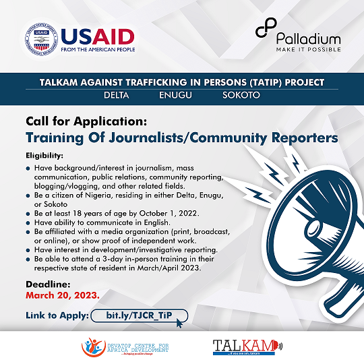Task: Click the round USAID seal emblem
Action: coord(41,40)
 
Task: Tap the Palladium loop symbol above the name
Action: coord(266,28)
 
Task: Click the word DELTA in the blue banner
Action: coord(117,95)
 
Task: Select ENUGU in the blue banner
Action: coord(175,95)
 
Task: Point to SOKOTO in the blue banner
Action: coord(241,95)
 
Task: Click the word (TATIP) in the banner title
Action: coord(265,82)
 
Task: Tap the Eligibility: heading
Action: coord(44,156)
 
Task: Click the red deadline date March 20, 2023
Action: coord(63,295)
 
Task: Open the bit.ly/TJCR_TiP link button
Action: coord(140,315)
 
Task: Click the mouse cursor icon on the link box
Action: coord(179,323)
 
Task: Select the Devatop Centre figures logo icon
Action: coord(92,347)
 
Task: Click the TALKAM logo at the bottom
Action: coord(247,347)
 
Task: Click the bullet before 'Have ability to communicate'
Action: coord(28,223)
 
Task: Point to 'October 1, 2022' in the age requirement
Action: coord(169,213)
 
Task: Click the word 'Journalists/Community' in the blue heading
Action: coord(187,138)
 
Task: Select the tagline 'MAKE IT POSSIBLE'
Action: coord(309,49)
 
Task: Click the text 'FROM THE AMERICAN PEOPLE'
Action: coord(98,49)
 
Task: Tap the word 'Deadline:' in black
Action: coord(48,284)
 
